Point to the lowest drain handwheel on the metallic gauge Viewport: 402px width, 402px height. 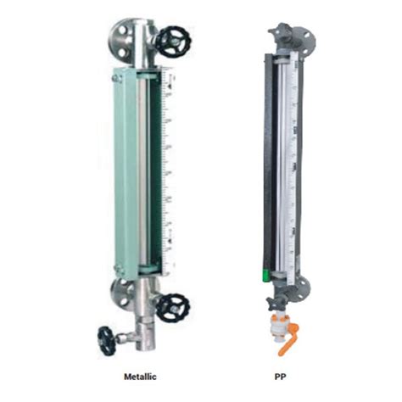107,339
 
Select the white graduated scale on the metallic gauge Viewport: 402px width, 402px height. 167,170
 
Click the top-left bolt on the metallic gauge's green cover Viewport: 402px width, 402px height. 118,79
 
